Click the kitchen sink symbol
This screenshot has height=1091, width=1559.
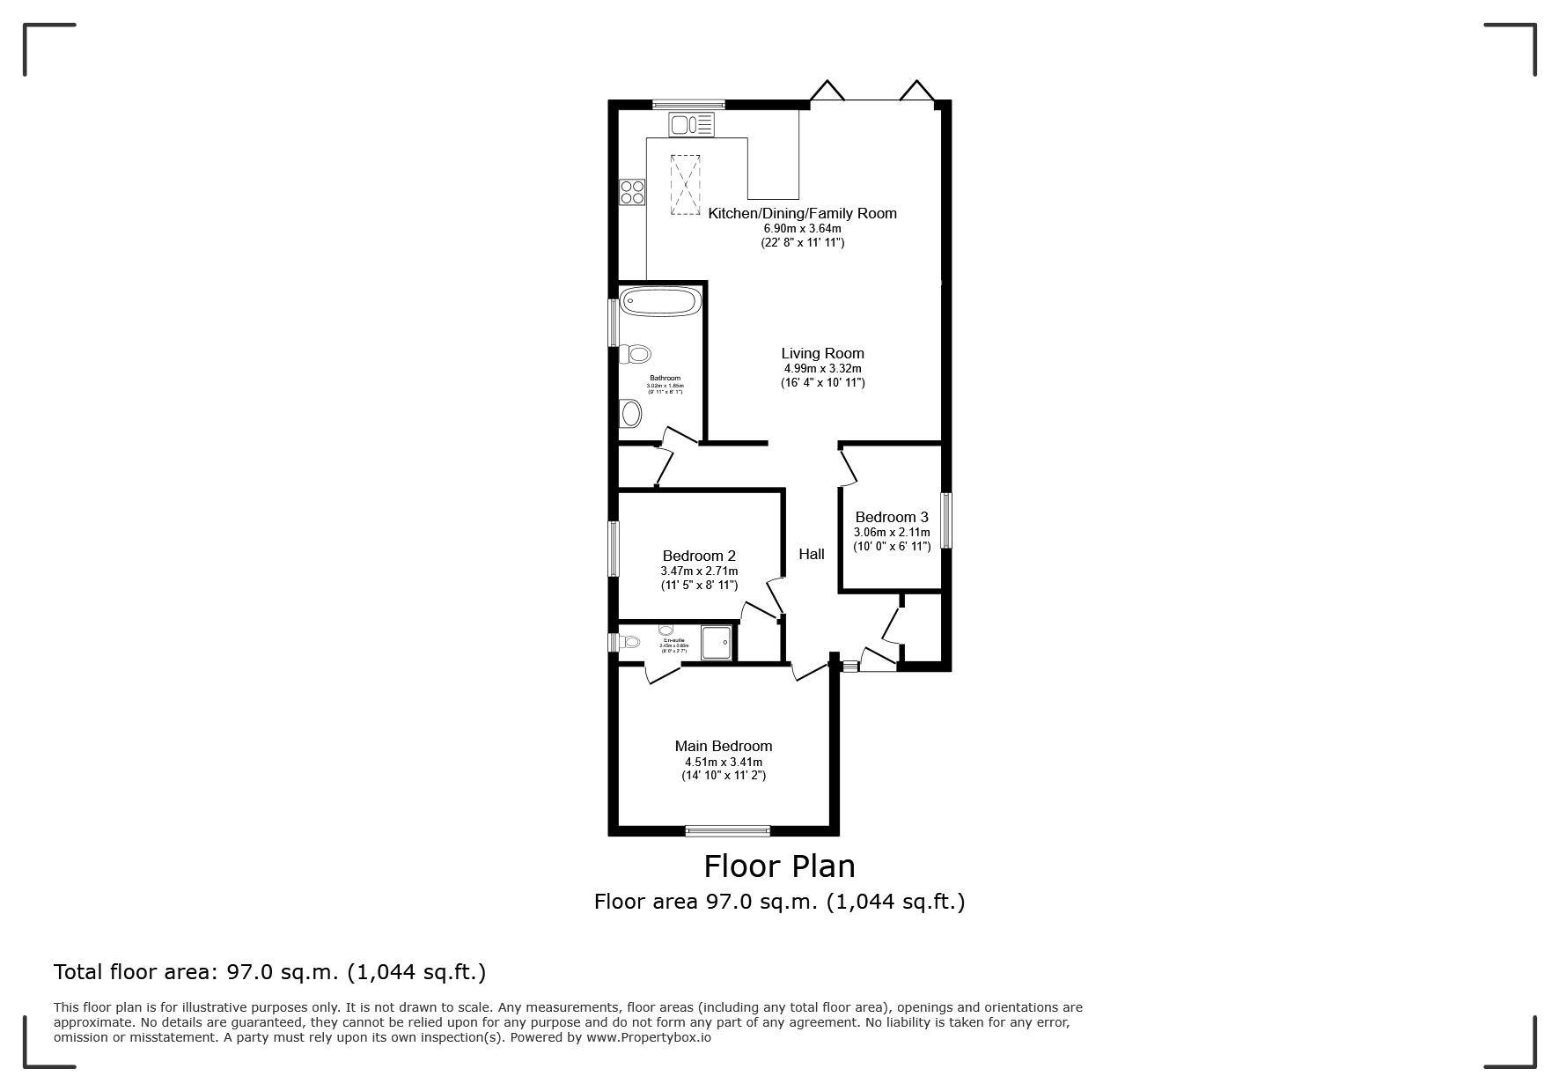691,125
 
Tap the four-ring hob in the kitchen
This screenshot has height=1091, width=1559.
632,192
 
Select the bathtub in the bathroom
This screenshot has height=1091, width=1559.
660,302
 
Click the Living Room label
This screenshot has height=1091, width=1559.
822,353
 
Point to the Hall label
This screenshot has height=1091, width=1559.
811,554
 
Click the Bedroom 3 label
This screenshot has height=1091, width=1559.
891,517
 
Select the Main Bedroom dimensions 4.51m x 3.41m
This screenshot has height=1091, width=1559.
724,762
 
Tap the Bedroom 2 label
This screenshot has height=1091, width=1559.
699,556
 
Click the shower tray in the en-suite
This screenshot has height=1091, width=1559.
717,642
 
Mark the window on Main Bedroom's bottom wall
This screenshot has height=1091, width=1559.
727,829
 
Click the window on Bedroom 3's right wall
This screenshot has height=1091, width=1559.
946,520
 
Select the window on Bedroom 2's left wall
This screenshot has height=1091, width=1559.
614,549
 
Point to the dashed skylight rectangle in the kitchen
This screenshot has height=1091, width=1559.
685,185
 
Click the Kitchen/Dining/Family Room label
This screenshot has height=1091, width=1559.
802,213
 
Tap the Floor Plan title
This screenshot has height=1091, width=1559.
779,866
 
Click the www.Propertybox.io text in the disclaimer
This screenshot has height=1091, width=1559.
648,1037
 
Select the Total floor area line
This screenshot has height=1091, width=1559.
269,972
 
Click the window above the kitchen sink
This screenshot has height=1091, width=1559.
688,104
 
